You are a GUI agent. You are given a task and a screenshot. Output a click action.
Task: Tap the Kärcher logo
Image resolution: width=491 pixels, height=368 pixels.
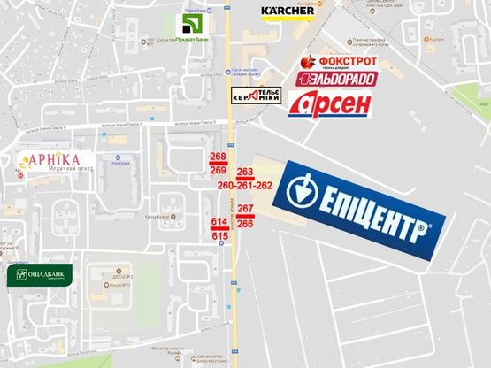point(288,11)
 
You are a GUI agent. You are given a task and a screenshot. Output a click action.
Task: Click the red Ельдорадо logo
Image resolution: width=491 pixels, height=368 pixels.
point(336,79)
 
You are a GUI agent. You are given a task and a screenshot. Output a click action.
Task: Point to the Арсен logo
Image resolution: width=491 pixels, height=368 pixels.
point(329,103)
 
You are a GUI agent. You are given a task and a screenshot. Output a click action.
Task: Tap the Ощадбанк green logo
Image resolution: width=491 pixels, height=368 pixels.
point(40,275)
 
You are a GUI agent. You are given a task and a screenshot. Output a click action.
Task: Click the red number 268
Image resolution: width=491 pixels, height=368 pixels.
point(219,157)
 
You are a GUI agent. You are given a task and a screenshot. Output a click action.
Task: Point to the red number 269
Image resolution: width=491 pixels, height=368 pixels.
point(219,169)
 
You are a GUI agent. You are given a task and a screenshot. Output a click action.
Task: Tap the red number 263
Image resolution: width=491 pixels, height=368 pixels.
point(245,172)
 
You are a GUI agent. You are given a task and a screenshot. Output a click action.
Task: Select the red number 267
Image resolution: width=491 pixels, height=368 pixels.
point(246,209)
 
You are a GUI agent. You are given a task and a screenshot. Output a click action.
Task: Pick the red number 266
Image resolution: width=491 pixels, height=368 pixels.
point(246,224)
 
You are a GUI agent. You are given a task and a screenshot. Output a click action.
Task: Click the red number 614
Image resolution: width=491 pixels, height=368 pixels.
point(220,221)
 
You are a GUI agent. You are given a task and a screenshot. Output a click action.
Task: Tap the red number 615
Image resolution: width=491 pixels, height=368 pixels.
point(220,235)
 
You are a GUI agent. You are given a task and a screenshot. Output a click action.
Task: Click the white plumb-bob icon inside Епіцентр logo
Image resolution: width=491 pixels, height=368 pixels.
point(303,190)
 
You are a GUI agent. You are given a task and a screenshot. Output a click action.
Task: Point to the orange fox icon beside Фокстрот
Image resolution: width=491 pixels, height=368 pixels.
point(308,62)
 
